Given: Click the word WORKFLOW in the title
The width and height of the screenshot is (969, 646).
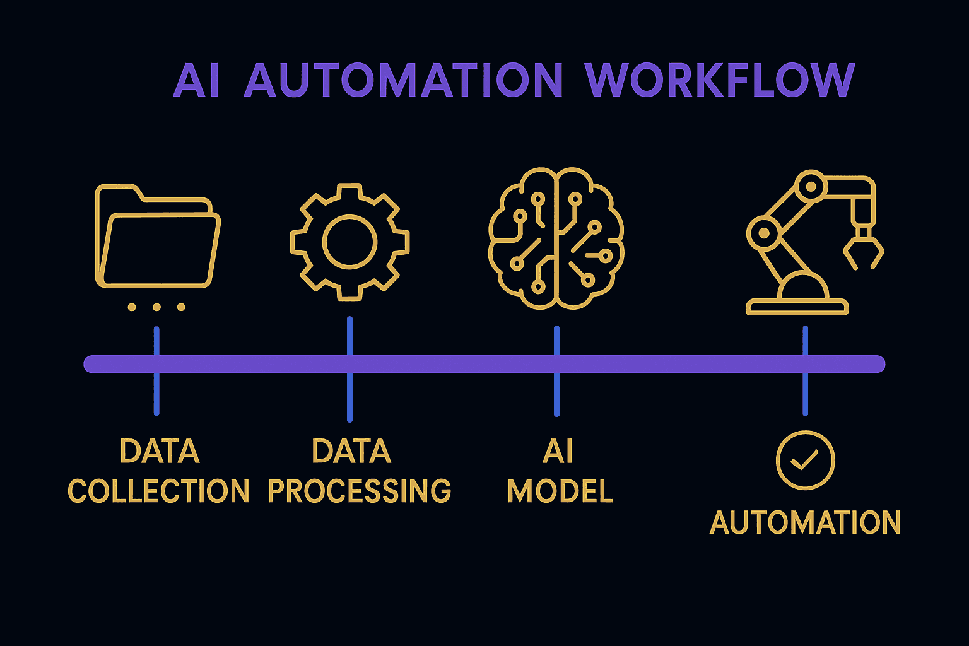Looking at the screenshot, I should [x=720, y=81].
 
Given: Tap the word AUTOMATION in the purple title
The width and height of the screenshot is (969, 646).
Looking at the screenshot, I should [x=403, y=81].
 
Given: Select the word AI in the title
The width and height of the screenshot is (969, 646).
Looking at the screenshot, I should [x=196, y=81].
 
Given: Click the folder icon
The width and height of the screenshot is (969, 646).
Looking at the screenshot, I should [x=157, y=237].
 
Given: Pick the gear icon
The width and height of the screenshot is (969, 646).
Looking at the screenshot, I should [x=349, y=242].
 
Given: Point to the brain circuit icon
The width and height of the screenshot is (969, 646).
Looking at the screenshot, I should [x=556, y=238].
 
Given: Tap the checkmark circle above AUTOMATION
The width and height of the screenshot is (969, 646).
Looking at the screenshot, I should [x=805, y=461].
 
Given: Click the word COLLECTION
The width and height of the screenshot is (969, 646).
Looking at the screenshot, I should [x=158, y=491].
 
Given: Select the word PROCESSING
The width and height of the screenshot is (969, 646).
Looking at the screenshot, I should [x=359, y=491].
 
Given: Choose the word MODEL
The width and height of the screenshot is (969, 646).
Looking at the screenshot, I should [x=560, y=491].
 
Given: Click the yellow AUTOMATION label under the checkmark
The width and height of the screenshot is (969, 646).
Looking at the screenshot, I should [x=805, y=523].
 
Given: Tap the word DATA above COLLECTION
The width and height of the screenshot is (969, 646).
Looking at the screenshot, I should [x=160, y=452].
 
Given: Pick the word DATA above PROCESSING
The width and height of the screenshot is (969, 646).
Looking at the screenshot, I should [x=351, y=452].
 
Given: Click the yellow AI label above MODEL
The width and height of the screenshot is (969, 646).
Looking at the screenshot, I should [x=558, y=452].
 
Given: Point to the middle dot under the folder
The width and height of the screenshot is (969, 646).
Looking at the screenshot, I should [x=156, y=307].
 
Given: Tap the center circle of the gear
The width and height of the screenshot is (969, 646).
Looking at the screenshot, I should [x=349, y=242].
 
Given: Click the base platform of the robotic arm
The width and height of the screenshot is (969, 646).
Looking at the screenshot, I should [x=797, y=307].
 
